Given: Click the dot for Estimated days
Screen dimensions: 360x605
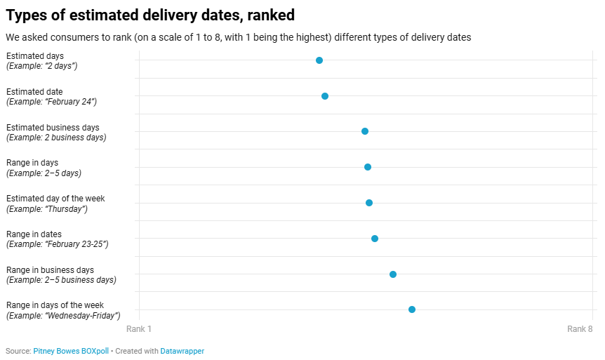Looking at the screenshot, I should click(x=319, y=60).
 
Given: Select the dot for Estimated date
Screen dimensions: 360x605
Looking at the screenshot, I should click(x=325, y=96).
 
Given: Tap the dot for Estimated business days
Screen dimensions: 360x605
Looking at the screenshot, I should click(x=365, y=131).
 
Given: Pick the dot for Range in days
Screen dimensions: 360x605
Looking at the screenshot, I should click(x=368, y=167).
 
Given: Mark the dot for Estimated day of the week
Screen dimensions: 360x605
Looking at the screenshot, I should click(x=369, y=203).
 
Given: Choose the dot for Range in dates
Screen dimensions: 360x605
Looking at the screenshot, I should click(x=375, y=239).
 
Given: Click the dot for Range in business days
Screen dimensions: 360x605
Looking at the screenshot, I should click(x=393, y=274).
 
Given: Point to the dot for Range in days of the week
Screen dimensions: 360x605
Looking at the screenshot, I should click(x=412, y=309).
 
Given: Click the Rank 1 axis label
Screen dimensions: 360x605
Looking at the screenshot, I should click(x=139, y=329).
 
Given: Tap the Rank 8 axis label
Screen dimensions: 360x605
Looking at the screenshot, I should click(x=580, y=329).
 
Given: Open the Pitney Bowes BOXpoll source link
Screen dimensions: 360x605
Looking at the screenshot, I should click(x=71, y=351).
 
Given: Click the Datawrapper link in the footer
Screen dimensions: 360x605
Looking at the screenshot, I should click(x=182, y=351).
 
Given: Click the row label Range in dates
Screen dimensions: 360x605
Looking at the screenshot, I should click(x=34, y=234).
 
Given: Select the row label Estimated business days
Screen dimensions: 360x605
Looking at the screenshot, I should click(x=53, y=128).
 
